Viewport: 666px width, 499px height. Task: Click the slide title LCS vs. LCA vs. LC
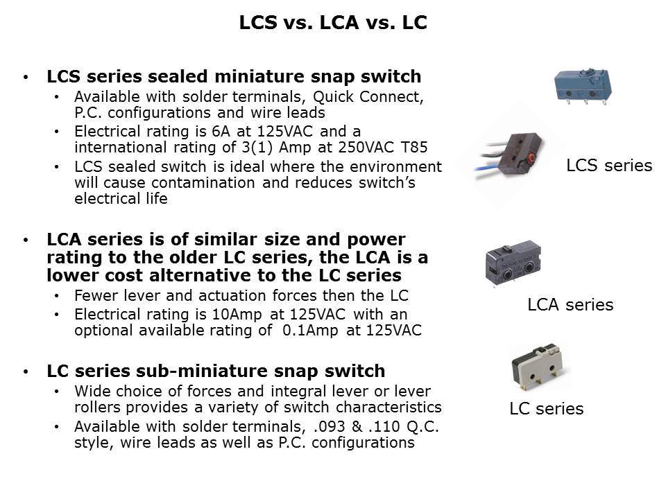coord(333,22)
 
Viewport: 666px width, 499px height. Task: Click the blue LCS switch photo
coord(583,86)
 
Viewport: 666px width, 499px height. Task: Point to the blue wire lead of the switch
coord(489,168)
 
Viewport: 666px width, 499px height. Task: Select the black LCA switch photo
coord(513,263)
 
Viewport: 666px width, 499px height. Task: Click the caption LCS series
coord(609,166)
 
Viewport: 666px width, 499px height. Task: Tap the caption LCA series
coord(570,305)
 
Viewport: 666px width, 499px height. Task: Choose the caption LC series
coord(546,409)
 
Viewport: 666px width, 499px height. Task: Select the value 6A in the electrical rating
coord(221,132)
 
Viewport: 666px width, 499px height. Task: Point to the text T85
coord(413,147)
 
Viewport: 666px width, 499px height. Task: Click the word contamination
coord(203,182)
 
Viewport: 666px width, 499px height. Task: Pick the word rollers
coord(98,408)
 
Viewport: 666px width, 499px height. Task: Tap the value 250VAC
coord(366,147)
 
